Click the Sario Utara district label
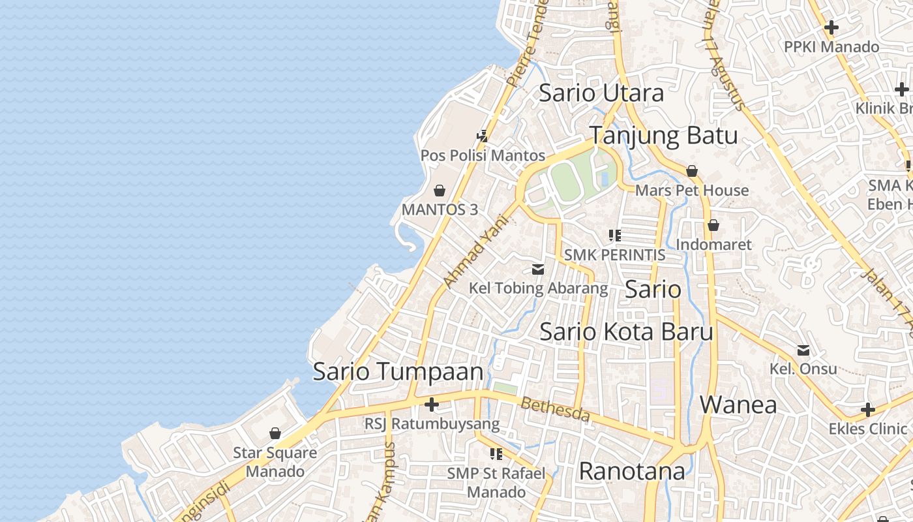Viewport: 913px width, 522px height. [601, 93]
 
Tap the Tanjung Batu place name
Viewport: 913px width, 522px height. [663, 136]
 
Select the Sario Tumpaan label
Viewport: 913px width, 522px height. [398, 372]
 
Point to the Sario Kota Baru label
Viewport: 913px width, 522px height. [626, 331]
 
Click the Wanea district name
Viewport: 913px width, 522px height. [738, 405]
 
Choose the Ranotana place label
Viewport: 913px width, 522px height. [631, 470]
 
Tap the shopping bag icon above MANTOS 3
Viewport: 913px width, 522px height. [440, 191]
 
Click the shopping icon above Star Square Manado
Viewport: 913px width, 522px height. [275, 433]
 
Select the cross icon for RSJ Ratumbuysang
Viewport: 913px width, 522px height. [431, 405]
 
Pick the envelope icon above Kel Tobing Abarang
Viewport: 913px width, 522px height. [538, 269]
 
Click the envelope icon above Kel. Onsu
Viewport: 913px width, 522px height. [803, 350]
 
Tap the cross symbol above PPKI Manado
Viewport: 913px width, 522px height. [831, 28]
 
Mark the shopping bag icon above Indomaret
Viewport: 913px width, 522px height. [713, 225]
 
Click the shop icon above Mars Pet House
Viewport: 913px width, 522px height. [692, 171]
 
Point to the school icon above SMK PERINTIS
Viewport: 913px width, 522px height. [614, 236]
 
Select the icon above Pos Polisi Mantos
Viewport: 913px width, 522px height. [483, 136]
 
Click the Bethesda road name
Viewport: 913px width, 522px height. [554, 409]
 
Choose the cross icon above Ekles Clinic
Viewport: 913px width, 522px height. [867, 410]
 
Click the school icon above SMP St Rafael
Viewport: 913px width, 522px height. [496, 453]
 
